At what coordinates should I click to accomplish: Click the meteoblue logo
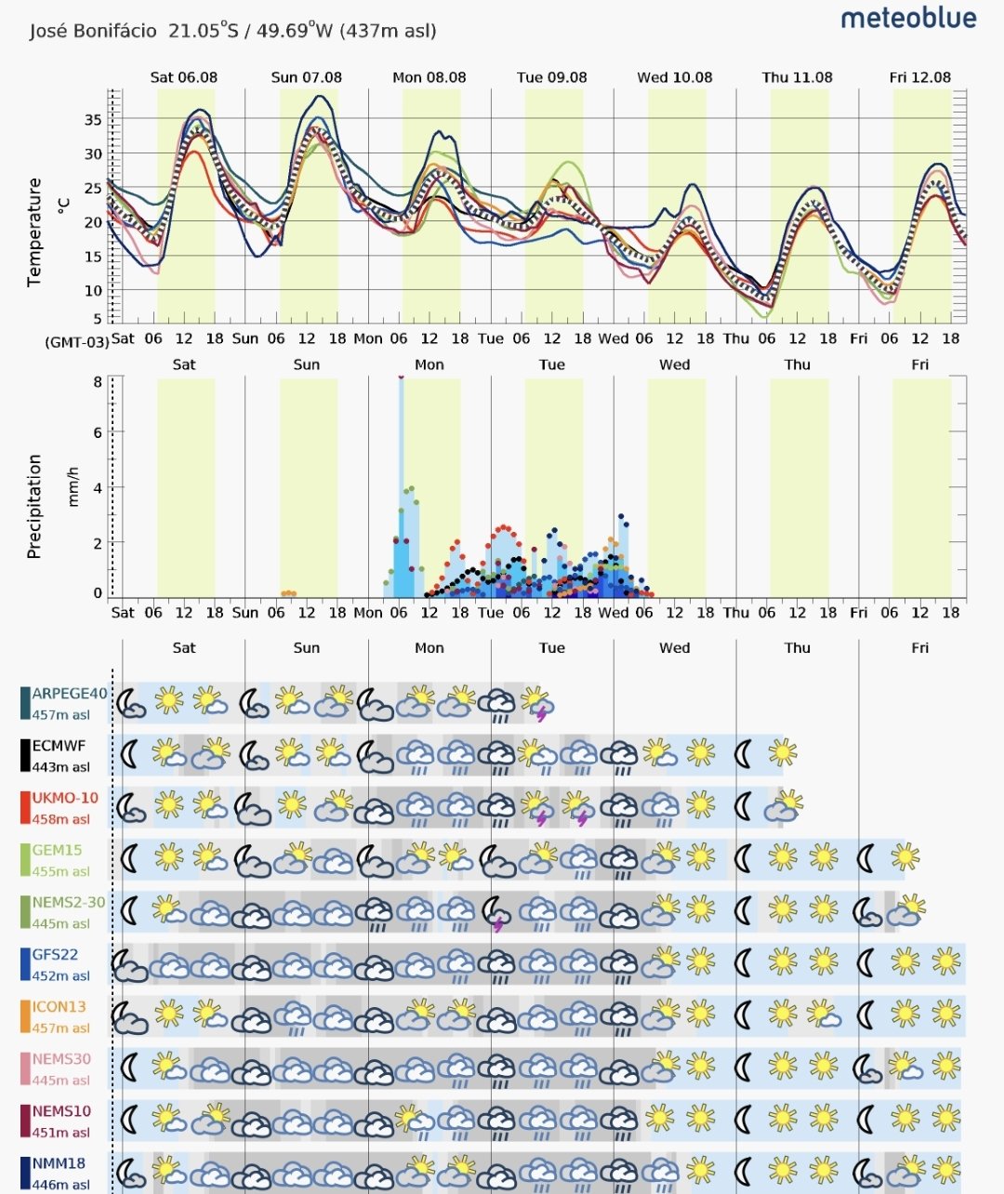908,19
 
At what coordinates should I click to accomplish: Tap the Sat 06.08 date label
184,77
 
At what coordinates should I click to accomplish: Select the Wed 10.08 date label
674,77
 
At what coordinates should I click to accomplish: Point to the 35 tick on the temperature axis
93,119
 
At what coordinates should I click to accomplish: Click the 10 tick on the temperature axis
93,290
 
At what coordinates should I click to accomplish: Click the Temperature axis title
34,232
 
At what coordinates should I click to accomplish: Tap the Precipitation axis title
34,506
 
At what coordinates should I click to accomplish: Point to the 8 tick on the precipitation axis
98,381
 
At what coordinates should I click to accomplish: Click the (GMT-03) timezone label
76,341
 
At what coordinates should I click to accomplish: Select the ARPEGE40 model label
69,694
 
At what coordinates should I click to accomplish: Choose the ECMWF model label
59,746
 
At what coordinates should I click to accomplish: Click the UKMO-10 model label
64,798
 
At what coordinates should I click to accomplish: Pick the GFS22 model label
55,954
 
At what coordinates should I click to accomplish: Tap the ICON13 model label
59,1006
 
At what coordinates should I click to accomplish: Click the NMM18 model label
59,1162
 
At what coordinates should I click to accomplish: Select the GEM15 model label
57,850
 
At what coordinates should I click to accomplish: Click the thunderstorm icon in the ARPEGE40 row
536,703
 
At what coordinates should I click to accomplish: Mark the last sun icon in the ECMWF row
782,751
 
